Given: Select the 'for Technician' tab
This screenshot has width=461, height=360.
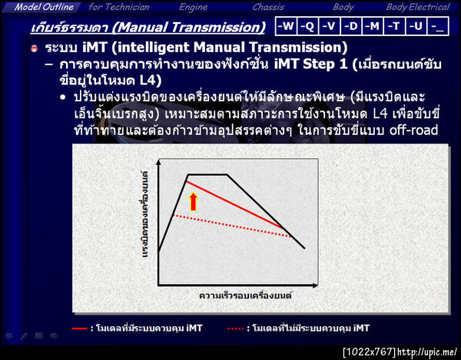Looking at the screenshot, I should (119, 7).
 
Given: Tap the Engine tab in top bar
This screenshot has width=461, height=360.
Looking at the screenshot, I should (193, 7).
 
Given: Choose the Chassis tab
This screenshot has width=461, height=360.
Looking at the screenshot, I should (268, 7).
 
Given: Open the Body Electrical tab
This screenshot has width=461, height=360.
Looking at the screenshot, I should (417, 7).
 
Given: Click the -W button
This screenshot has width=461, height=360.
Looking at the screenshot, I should (286, 26).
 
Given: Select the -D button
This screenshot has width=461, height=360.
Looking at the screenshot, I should (351, 26).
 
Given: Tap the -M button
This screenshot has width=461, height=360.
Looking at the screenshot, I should (373, 26).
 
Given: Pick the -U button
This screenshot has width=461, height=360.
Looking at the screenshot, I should (416, 26).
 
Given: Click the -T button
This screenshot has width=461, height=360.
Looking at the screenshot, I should (394, 26).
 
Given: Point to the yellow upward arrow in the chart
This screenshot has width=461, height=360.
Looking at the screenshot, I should (194, 201).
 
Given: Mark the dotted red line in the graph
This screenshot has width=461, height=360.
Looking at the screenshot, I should (230, 226).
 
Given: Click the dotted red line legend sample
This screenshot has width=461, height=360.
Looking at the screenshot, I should (237, 328).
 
